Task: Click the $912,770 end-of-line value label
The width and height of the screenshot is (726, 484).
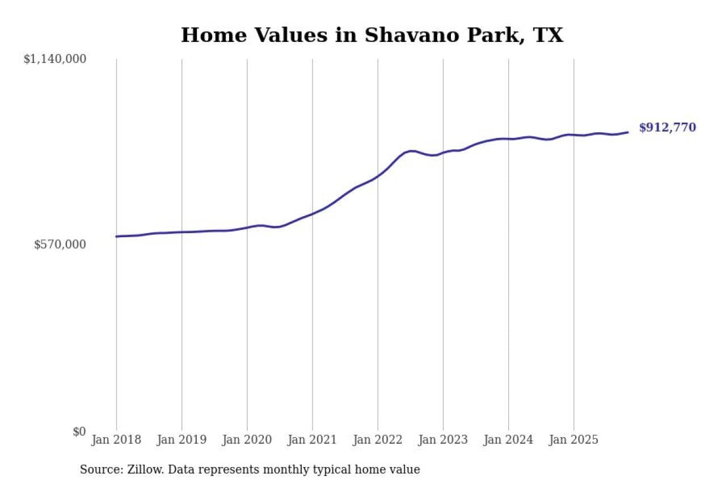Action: coord(667,128)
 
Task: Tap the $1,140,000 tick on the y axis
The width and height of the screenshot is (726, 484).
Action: coord(54,59)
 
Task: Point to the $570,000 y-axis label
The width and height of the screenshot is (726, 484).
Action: coord(60,245)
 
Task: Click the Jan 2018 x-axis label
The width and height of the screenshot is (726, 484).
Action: coord(116,440)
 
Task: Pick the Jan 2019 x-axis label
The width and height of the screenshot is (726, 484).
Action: coord(181,440)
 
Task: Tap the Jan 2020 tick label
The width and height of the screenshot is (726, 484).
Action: coord(247,440)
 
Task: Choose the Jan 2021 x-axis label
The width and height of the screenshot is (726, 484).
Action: coord(312,440)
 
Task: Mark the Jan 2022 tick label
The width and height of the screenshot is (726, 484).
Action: coord(377,440)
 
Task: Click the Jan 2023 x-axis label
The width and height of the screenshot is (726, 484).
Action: coord(443,440)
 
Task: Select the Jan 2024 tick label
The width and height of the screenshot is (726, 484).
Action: coord(508,440)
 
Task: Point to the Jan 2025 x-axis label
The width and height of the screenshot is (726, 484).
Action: coord(573,440)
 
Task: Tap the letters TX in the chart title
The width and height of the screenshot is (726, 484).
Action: coord(548,35)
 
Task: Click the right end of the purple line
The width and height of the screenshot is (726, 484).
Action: coord(628,132)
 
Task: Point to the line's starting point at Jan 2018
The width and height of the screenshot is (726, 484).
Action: coord(116,236)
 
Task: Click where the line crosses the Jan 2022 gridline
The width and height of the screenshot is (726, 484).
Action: coord(378,176)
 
